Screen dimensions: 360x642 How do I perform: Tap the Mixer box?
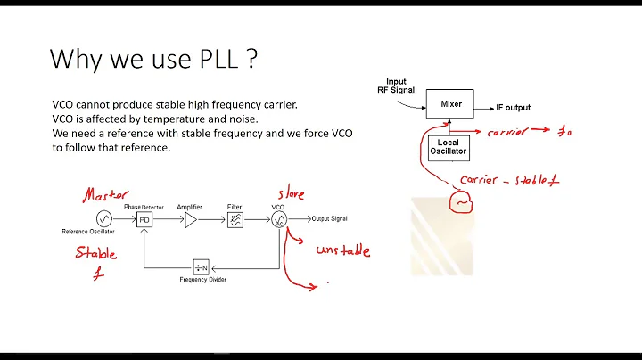click(451, 104)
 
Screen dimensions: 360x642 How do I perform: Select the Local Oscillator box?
click(448, 147)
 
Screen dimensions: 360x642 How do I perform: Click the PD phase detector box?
click(144, 219)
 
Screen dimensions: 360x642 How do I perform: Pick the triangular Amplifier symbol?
click(190, 219)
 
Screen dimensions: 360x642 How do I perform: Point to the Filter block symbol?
click(235, 219)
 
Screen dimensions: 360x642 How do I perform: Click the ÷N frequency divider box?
click(201, 267)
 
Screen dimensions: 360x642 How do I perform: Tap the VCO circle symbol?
click(281, 219)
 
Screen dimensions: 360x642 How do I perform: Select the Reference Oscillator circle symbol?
click(104, 219)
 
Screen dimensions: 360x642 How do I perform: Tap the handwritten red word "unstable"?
click(342, 250)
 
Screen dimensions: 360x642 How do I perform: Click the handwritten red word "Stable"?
click(95, 252)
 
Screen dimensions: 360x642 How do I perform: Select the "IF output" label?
click(514, 108)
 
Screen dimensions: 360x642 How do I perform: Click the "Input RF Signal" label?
click(391, 86)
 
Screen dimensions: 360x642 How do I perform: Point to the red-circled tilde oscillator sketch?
click(464, 202)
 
